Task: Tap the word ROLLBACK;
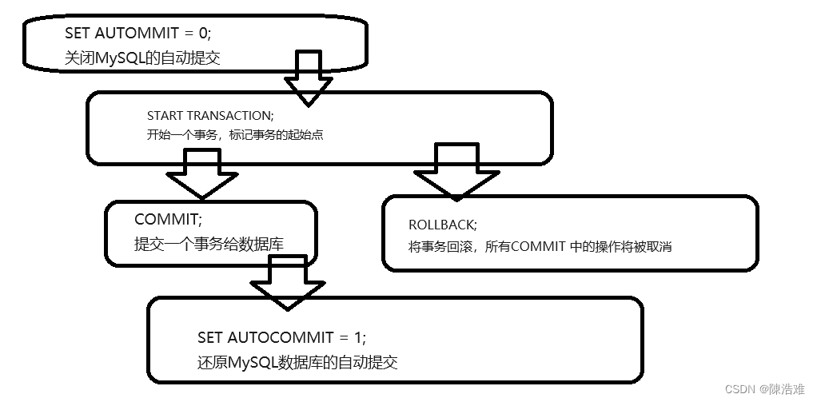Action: click(x=442, y=225)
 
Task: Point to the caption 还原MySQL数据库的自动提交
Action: click(x=297, y=362)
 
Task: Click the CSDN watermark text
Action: click(x=739, y=388)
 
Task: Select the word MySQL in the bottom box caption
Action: click(x=251, y=362)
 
